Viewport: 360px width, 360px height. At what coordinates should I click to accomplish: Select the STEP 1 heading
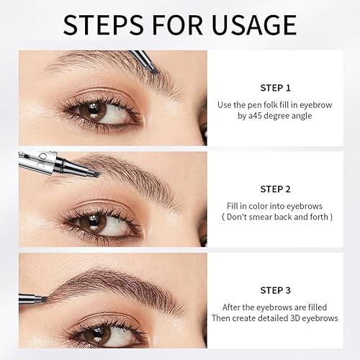click(x=275, y=88)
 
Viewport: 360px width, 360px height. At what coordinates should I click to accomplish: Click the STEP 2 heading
click(x=275, y=189)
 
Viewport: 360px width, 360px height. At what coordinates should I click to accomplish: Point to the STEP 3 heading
click(x=275, y=291)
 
